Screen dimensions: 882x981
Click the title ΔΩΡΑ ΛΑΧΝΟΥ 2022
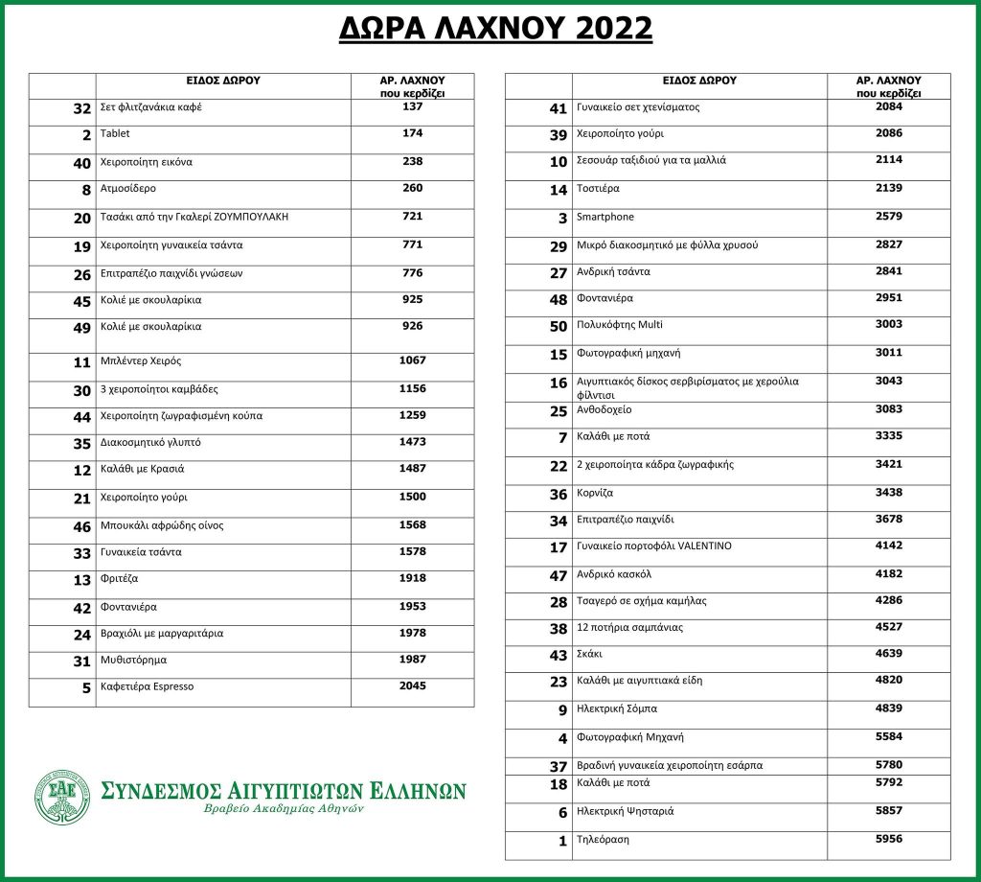[495, 29]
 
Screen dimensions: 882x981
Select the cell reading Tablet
[115, 133]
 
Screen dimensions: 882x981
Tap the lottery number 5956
[888, 839]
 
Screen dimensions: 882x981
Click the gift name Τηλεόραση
[603, 839]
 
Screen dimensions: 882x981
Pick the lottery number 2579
[888, 217]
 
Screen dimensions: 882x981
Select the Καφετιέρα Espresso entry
[147, 686]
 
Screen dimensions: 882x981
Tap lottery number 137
[412, 106]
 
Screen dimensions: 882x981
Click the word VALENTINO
[704, 546]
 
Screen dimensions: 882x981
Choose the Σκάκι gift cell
[591, 655]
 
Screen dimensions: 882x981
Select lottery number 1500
[412, 498]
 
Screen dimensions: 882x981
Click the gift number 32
[81, 108]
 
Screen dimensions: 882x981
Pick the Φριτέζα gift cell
[120, 579]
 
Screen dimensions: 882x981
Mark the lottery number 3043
[888, 381]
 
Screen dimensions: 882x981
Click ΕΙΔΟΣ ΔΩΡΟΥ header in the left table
[223, 81]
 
